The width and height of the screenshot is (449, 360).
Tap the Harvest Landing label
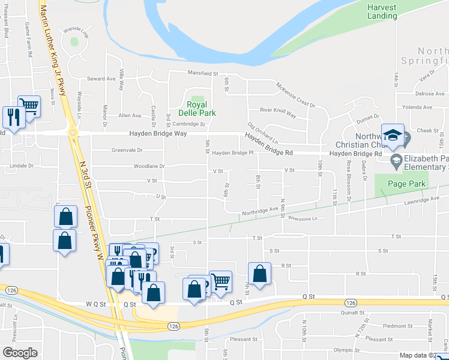coord(382,11)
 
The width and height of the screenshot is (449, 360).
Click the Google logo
coord(20,353)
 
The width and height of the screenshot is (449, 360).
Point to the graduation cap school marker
coord(393,136)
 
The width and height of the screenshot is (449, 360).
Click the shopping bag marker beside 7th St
coord(259,274)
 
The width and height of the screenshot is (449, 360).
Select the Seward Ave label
coord(101,79)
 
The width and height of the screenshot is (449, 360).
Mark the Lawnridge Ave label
coord(423,199)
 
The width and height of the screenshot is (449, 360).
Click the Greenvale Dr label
coord(127,150)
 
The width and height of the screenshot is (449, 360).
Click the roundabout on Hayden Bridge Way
coord(73,132)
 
